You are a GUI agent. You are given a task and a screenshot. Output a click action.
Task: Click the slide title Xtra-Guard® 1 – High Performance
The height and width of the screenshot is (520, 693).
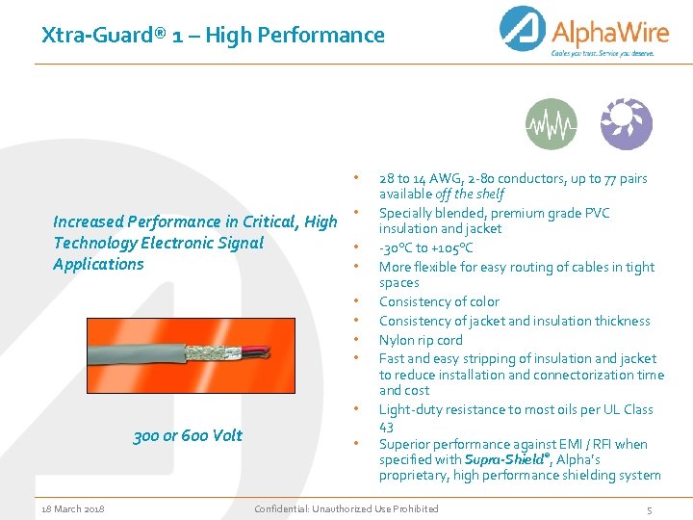pyautogui.click(x=213, y=36)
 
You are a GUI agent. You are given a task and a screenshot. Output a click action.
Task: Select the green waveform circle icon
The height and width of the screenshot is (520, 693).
pyautogui.click(x=552, y=124)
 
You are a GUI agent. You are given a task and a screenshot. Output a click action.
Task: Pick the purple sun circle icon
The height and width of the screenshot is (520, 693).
pyautogui.click(x=626, y=124)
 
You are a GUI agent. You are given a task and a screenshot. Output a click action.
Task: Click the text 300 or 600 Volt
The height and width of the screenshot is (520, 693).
pyautogui.click(x=188, y=435)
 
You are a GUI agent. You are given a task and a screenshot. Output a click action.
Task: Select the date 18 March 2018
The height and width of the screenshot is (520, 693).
pyautogui.click(x=73, y=508)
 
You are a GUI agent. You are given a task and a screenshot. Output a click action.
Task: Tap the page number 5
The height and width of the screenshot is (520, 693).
pyautogui.click(x=649, y=508)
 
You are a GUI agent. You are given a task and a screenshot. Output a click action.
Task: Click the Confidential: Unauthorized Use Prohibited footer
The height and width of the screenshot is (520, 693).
pyautogui.click(x=346, y=508)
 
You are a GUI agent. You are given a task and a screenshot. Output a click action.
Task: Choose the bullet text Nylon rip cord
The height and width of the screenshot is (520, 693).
pyautogui.click(x=421, y=340)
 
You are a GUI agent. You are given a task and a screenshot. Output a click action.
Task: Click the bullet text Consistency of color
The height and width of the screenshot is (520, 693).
pyautogui.click(x=439, y=301)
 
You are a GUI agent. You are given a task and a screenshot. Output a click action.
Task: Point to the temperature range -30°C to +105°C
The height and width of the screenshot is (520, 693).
pyautogui.click(x=425, y=247)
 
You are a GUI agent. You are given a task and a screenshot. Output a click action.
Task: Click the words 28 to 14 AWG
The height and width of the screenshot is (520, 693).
pyautogui.click(x=419, y=178)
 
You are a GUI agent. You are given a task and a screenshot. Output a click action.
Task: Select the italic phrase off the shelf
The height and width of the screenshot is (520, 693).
pyautogui.click(x=472, y=194)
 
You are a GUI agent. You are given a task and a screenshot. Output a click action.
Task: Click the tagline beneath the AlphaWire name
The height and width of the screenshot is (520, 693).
pyautogui.click(x=602, y=54)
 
